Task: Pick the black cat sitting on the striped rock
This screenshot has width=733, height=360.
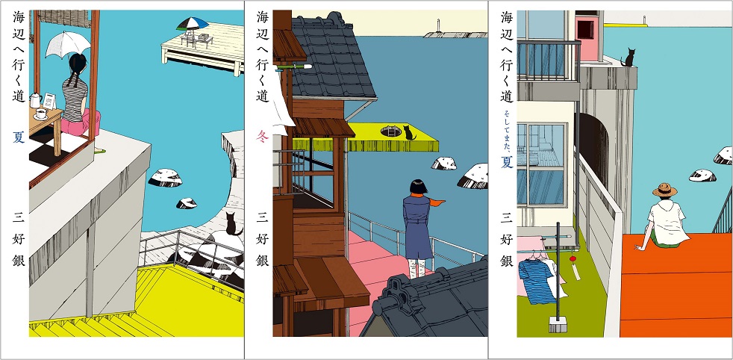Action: coord(230,222)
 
